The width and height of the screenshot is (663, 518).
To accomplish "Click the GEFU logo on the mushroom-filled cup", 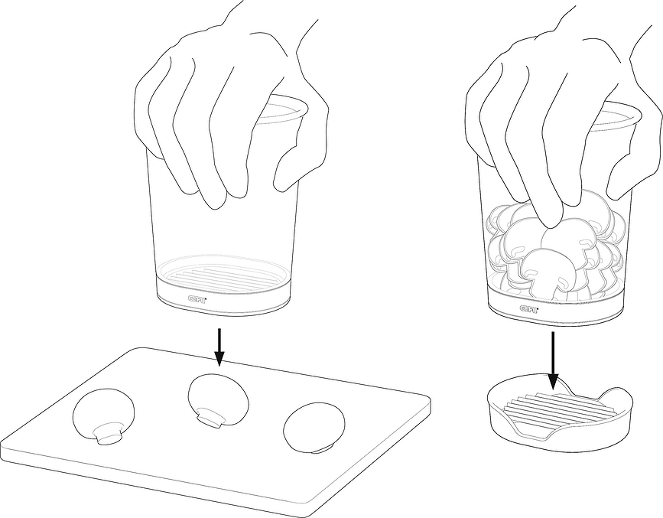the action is (529, 309).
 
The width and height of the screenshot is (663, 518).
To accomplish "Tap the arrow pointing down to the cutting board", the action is (219, 347).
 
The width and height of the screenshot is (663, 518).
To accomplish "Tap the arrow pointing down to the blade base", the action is (553, 360).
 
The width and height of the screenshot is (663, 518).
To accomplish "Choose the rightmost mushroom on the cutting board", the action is (314, 428).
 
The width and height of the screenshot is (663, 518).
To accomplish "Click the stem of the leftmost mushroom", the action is (109, 434).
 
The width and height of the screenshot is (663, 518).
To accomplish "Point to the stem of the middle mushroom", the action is (211, 418).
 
